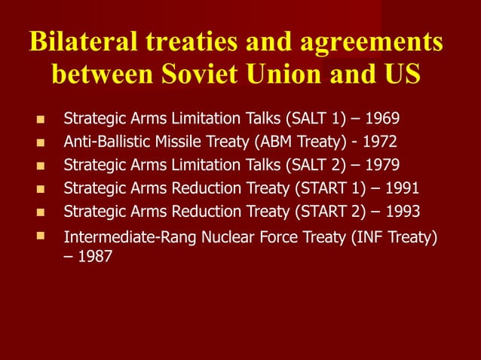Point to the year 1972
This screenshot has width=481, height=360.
tap(379, 142)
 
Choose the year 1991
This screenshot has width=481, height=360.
tap(402, 188)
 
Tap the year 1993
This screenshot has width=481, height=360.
tap(402, 212)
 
